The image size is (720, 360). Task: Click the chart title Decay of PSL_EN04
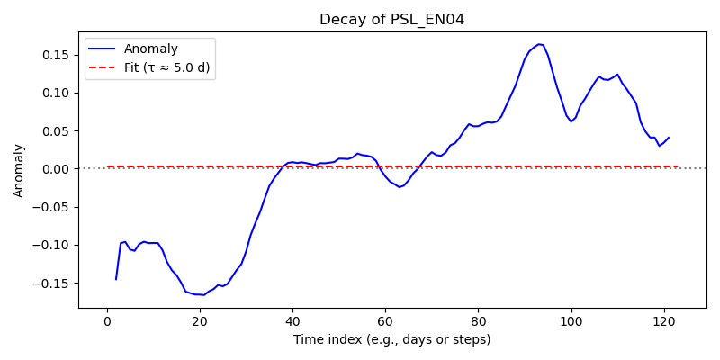pyautogui.click(x=392, y=20)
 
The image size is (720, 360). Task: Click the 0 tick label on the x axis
pyautogui.click(x=107, y=320)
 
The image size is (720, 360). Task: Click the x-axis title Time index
pyautogui.click(x=392, y=340)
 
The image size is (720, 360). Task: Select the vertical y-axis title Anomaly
pyautogui.click(x=18, y=171)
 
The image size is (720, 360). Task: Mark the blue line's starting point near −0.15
pyautogui.click(x=116, y=279)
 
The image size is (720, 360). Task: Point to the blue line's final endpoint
pyautogui.click(x=669, y=138)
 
